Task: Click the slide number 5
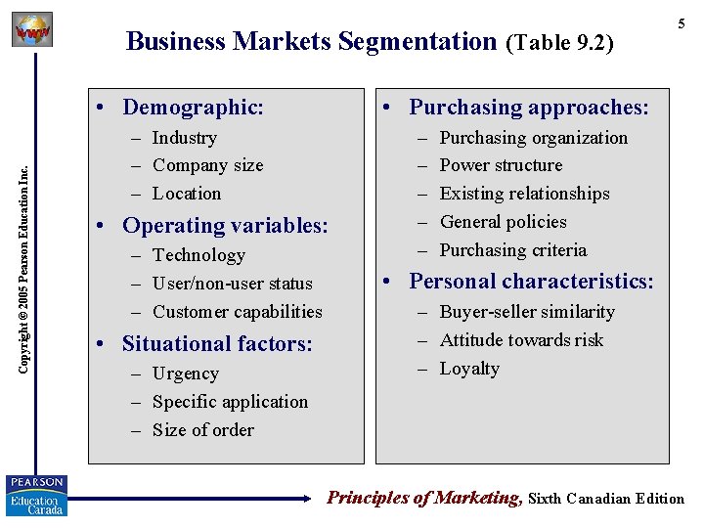[x=682, y=22]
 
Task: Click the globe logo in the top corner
[x=32, y=31]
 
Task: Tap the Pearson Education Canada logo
[x=37, y=496]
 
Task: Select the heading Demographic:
[x=193, y=107]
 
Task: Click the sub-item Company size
[x=207, y=165]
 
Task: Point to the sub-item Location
[x=187, y=194]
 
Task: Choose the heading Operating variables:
[x=224, y=225]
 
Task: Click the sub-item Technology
[x=198, y=255]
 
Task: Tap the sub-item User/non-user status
[x=232, y=284]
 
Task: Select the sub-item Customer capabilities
[x=237, y=312]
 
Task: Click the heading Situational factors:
[x=216, y=343]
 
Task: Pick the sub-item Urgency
[x=186, y=374]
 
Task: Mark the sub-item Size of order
[x=202, y=430]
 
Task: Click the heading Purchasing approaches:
[x=528, y=107]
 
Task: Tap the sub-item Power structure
[x=501, y=165]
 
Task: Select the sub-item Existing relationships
[x=524, y=194]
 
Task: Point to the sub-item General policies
[x=503, y=222]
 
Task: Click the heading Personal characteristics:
[x=531, y=282]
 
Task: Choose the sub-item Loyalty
[x=469, y=369]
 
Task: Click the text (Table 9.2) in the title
[x=559, y=42]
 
